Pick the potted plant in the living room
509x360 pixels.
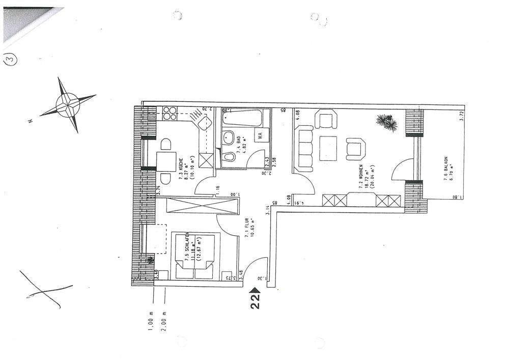387,123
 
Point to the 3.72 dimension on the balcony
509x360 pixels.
461,115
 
